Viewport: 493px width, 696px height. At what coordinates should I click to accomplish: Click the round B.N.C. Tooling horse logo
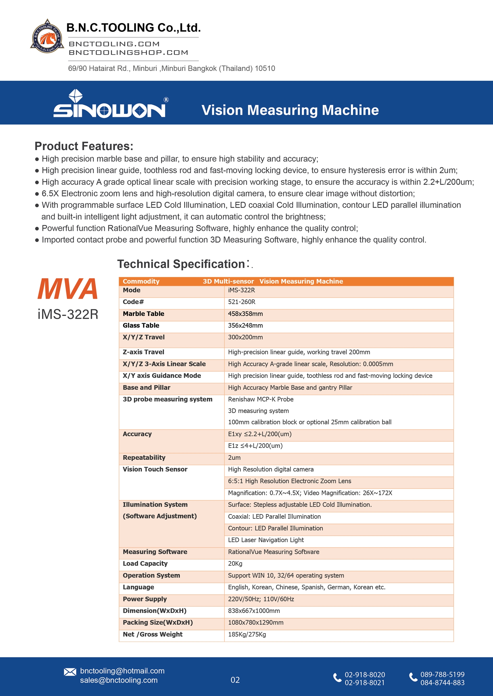(47, 37)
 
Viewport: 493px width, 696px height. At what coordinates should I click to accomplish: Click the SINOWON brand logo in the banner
(110, 104)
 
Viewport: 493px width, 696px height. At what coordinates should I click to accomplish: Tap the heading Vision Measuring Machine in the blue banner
(290, 110)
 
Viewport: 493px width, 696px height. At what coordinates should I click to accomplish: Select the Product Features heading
(84, 146)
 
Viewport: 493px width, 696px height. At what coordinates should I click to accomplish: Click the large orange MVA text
(68, 289)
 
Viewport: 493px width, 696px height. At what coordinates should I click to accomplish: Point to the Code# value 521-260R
(242, 302)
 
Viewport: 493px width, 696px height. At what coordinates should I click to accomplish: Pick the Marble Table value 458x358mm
(245, 314)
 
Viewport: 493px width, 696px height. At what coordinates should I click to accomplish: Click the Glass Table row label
(141, 326)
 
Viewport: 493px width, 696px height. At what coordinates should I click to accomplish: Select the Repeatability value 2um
(234, 457)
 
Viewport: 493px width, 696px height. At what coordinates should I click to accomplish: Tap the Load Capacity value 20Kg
(235, 563)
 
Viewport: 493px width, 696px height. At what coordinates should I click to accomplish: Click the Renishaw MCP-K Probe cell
(261, 399)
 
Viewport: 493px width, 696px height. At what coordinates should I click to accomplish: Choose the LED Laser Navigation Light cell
(266, 540)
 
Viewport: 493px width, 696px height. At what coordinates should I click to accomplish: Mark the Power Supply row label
(145, 599)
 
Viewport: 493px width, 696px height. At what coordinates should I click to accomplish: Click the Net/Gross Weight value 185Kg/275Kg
(247, 634)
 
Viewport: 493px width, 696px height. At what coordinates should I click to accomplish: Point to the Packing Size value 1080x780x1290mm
(256, 622)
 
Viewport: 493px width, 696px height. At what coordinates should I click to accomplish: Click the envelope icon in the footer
(70, 672)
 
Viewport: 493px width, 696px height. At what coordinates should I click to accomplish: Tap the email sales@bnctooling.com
(119, 680)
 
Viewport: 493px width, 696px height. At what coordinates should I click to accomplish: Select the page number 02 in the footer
(235, 680)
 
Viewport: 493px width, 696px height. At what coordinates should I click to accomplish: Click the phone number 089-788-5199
(442, 674)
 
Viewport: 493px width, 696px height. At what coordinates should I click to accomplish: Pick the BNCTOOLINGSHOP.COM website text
(129, 53)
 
